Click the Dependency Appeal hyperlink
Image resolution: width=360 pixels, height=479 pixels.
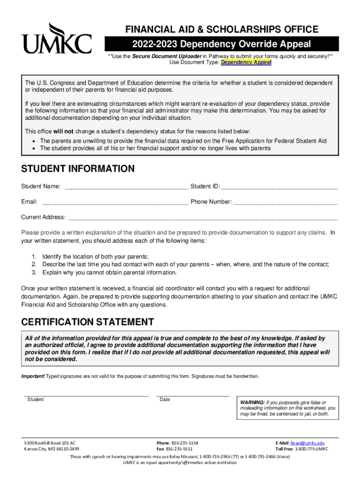[246, 62]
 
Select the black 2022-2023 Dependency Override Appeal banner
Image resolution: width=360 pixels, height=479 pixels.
[222, 44]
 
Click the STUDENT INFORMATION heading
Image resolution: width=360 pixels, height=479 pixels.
[78, 169]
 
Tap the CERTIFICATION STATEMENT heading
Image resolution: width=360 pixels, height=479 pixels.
[87, 322]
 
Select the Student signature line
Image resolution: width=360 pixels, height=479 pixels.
[86, 396]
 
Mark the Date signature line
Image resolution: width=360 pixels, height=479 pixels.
[192, 396]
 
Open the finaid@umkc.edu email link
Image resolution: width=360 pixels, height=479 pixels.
[307, 443]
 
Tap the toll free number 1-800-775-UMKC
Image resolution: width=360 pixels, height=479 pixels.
[309, 449]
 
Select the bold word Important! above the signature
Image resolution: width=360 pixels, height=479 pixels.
[33, 376]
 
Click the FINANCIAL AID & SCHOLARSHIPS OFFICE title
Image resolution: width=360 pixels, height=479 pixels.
[222, 29]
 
